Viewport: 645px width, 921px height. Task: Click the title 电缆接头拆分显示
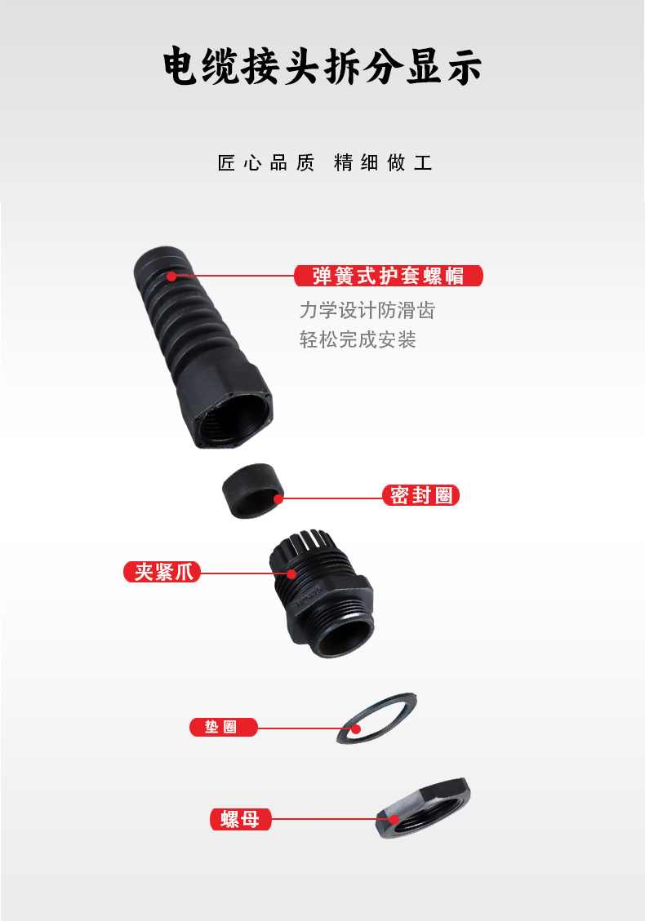pos(322,66)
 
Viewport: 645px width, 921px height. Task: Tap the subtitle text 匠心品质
pos(266,162)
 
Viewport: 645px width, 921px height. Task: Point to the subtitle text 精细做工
pos(383,162)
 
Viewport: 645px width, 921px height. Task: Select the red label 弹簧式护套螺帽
pos(388,276)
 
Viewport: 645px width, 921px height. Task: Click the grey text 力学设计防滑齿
pos(367,310)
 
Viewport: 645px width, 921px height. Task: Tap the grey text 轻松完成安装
pos(358,339)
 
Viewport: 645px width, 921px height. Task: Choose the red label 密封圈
pos(420,495)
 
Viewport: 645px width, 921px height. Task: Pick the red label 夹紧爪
pos(162,572)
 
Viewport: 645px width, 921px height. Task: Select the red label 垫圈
pos(224,727)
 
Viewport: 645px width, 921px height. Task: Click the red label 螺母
pos(241,819)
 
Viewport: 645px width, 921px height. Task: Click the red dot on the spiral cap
pos(171,276)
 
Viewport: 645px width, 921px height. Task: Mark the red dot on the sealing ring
pos(278,499)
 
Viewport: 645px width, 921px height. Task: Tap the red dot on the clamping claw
pos(291,573)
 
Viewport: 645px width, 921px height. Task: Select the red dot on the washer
pos(357,729)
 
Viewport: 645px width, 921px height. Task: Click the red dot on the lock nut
pos(394,820)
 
